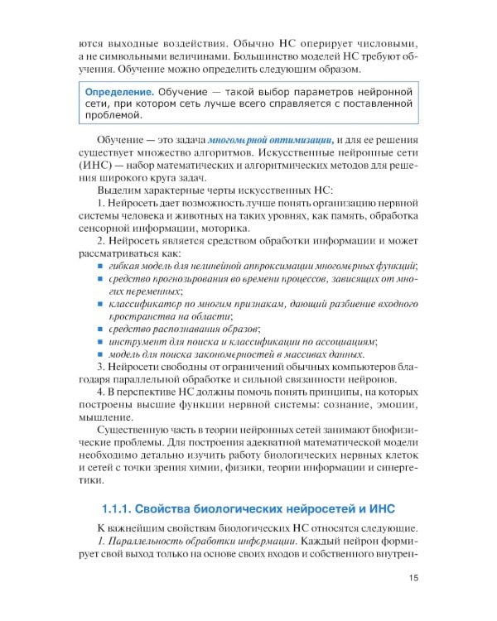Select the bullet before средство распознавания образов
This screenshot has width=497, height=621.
pyautogui.click(x=99, y=329)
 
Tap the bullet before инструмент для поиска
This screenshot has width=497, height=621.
pyautogui.click(x=99, y=341)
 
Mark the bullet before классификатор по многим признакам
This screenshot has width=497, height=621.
pyautogui.click(x=99, y=303)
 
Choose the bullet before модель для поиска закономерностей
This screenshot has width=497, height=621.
pyautogui.click(x=99, y=354)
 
